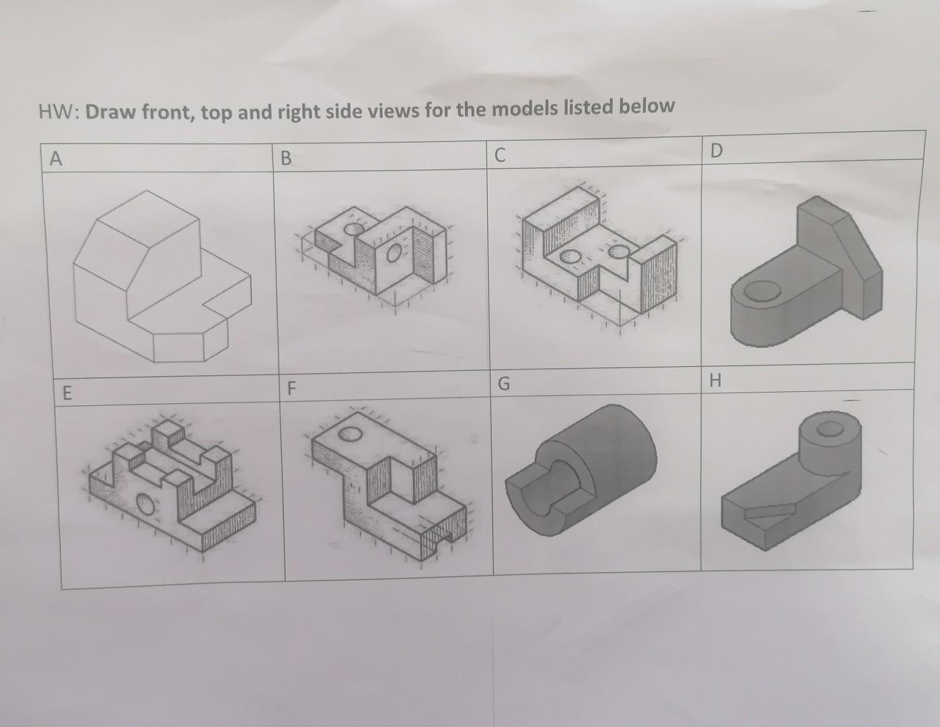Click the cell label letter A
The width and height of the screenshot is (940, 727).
57,159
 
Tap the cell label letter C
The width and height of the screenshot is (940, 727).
499,155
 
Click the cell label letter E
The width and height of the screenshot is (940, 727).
66,392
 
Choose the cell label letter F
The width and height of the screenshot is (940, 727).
291,388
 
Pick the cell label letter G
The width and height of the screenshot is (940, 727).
503,384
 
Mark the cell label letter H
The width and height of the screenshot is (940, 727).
715,381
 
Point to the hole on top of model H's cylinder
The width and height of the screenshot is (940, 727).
830,427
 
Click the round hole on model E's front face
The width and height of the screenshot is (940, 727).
145,504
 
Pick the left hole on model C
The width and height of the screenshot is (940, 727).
571,256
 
